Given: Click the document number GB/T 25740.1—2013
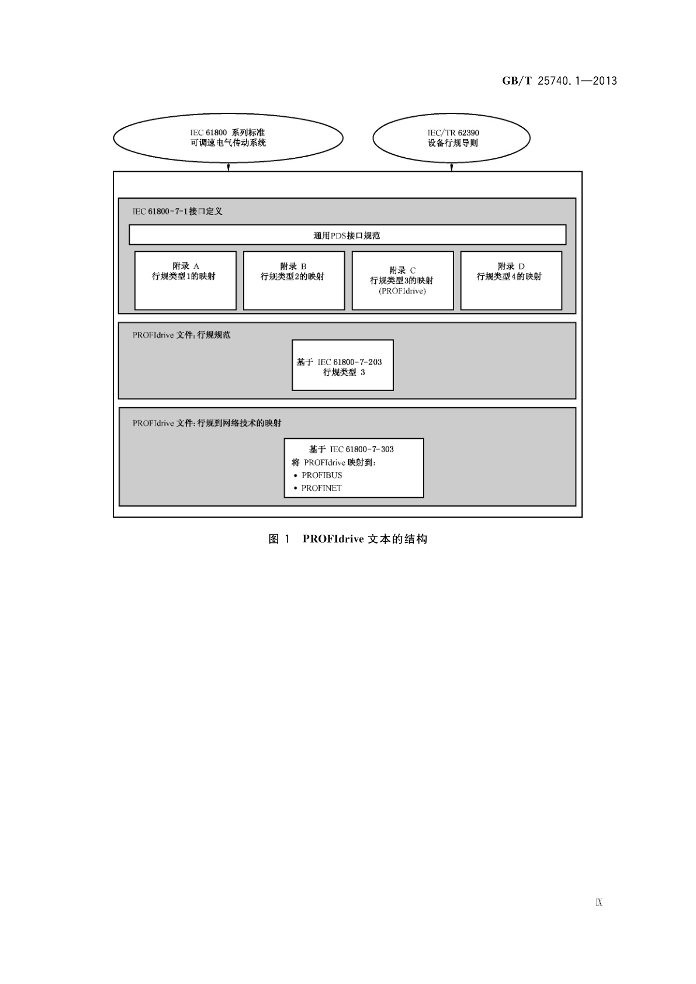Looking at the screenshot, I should [x=559, y=81].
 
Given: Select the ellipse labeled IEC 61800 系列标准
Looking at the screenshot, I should [x=228, y=138].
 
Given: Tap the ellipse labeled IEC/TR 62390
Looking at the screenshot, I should [x=451, y=138].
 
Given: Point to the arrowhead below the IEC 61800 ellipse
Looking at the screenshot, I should [x=228, y=168].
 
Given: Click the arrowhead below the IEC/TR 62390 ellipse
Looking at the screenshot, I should [x=452, y=168].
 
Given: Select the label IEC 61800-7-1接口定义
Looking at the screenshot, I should [x=177, y=211].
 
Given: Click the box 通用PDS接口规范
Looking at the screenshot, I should [x=347, y=235].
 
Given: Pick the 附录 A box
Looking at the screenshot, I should [x=185, y=280].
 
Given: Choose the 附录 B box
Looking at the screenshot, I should [x=293, y=280].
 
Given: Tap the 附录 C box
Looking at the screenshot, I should [x=402, y=280].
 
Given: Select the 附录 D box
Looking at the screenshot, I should [x=511, y=280].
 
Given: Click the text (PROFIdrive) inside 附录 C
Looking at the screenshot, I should [x=402, y=290].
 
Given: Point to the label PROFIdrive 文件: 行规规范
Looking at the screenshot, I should [x=181, y=335].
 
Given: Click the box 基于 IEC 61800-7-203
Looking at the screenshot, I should [x=342, y=365].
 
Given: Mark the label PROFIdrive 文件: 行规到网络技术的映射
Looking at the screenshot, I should [x=207, y=422].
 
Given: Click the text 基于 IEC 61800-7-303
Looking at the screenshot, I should [x=351, y=449].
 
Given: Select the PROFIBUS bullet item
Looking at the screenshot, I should [x=321, y=475].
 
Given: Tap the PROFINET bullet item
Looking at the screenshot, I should [x=321, y=488].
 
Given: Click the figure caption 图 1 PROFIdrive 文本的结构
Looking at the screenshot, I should [x=348, y=539].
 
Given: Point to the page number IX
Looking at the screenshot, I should [x=599, y=903].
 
